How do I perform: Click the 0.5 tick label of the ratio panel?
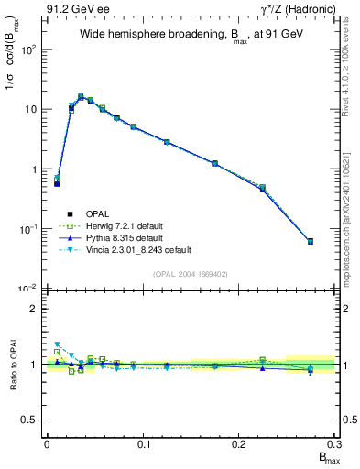(29, 420)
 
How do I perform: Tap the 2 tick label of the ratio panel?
(33, 309)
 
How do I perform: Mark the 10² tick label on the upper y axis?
(28, 49)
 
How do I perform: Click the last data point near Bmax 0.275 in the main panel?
(311, 242)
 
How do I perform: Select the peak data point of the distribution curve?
(81, 96)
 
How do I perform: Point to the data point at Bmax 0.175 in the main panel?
(214, 163)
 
